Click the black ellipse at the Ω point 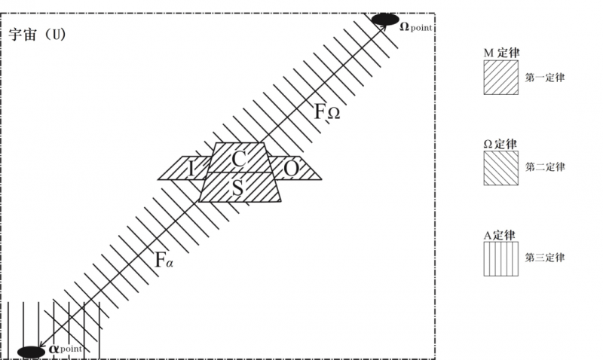385,20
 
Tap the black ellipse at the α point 31,352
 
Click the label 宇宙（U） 38,35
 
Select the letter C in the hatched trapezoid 239,159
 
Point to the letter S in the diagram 237,188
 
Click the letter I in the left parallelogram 191,169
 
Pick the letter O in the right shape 291,169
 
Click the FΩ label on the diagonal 327,111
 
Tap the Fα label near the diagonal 164,260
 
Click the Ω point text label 416,27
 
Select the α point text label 66,349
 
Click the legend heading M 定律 501,53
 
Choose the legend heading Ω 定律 500,144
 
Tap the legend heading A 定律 499,235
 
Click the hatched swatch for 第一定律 501,78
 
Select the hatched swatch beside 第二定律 501,168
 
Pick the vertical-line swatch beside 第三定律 501,259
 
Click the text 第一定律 545,78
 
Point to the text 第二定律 545,167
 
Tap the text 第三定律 545,258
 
